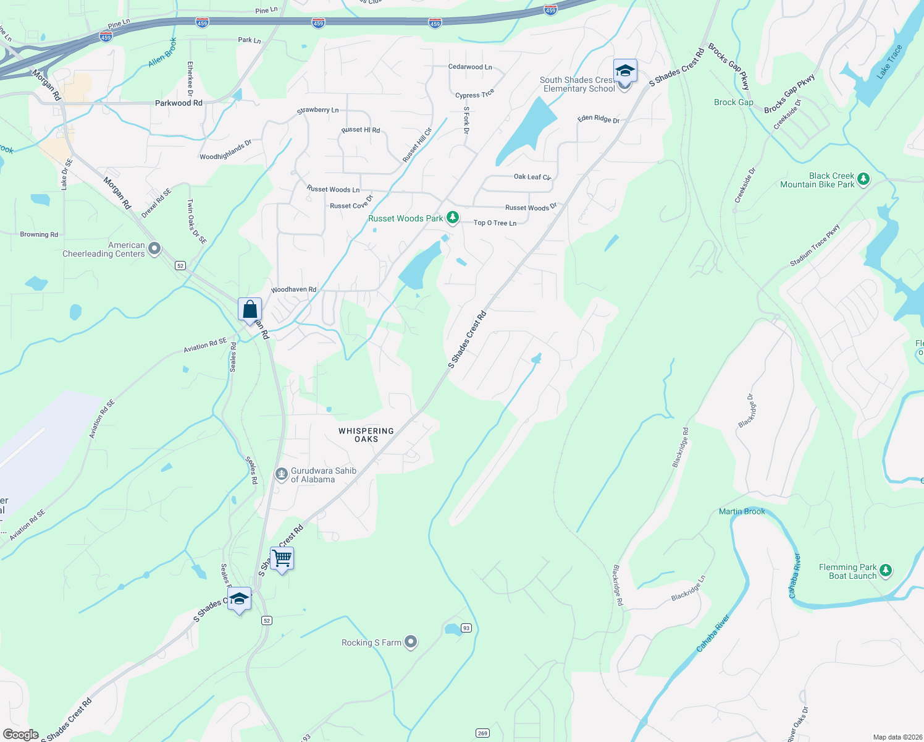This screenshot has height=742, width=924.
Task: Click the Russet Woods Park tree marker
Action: point(453,218)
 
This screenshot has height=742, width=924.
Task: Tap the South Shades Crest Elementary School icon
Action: point(625,72)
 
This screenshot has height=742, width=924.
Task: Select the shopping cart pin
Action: point(282,559)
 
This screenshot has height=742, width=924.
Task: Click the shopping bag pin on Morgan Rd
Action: point(250,310)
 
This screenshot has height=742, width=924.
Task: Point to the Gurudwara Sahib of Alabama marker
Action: point(281,474)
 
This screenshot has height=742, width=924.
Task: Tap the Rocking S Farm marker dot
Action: point(411,642)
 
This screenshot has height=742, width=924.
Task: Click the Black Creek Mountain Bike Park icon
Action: point(863,179)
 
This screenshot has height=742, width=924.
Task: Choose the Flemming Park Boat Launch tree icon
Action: point(886,571)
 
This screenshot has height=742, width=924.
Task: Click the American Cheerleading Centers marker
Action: point(154,249)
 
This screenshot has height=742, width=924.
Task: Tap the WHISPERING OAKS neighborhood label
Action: point(366,435)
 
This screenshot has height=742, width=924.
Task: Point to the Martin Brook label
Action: point(742,511)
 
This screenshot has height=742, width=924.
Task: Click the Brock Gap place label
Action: point(733,103)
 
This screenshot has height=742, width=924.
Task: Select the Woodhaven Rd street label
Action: point(293,289)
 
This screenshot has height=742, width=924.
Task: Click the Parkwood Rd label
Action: point(178,103)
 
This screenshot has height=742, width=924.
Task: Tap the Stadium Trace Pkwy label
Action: point(815,245)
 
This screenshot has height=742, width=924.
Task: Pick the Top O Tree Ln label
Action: point(495,223)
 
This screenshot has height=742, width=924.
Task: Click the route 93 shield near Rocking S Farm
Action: point(466,628)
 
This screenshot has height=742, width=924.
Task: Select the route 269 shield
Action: point(482,733)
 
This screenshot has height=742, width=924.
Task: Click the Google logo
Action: point(21,735)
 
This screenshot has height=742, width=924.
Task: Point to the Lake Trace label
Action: point(889,62)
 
